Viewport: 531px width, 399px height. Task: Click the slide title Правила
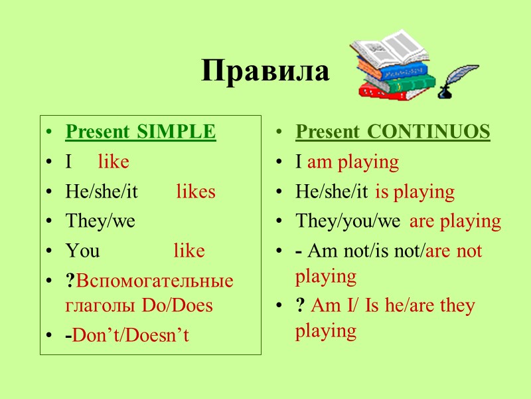point(265,71)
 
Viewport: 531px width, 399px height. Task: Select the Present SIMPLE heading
point(140,132)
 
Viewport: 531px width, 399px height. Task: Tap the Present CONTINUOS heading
point(392,132)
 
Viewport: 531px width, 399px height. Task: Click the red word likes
point(196,192)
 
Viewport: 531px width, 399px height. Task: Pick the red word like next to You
point(189,251)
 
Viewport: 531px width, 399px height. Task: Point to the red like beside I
point(114,162)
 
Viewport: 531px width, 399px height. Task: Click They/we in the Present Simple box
point(100,221)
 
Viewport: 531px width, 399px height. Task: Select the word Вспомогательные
point(155,280)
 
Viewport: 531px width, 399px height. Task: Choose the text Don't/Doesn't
point(131,335)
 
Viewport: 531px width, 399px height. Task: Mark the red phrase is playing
point(415,192)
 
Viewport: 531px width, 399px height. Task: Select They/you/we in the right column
point(348,221)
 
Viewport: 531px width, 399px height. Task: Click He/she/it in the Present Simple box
point(102,192)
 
